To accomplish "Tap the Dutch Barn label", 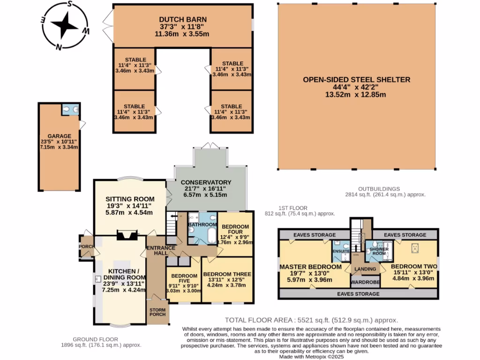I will [x=182, y=20].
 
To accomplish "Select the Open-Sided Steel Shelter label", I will [x=356, y=80].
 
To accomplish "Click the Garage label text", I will [x=59, y=135].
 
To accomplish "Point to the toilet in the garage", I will [x=67, y=110].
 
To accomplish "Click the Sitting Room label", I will [x=123, y=199].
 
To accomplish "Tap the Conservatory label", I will [x=206, y=182].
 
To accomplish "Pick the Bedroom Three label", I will [x=227, y=274].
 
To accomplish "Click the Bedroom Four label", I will [x=236, y=228].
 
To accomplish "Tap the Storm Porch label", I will [x=158, y=313].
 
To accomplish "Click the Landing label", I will [x=365, y=269].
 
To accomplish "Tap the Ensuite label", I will [x=341, y=251].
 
